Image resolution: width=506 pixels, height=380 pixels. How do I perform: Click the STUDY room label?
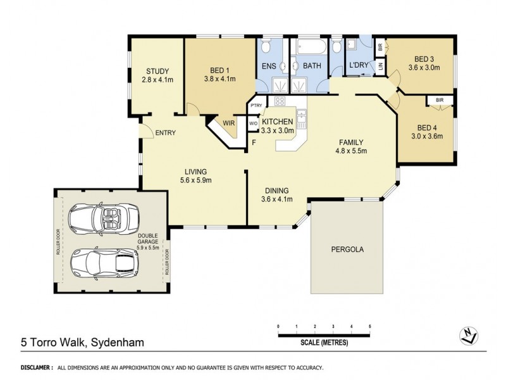[157, 71]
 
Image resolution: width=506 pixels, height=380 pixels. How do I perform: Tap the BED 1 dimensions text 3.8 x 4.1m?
[219, 79]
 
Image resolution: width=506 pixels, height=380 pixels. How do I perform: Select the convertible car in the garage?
[104, 218]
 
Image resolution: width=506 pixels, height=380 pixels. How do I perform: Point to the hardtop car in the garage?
[104, 264]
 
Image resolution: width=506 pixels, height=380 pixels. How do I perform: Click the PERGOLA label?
[347, 250]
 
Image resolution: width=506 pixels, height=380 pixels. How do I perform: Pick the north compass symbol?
[469, 336]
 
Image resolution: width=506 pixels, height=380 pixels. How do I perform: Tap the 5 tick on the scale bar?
[370, 326]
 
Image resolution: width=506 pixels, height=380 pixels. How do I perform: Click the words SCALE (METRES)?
[324, 343]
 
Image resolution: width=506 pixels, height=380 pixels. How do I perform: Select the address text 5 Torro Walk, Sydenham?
[82, 342]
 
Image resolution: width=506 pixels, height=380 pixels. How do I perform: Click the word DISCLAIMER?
[35, 367]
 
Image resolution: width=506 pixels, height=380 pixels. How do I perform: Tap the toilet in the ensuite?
[266, 46]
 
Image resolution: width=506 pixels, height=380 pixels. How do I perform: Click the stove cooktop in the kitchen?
[280, 101]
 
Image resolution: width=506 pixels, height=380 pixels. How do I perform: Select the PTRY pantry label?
[257, 105]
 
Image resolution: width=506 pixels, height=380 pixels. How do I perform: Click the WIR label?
[228, 123]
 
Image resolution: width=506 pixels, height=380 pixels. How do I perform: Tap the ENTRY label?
[166, 133]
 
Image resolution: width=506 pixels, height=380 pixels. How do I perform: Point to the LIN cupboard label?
[381, 66]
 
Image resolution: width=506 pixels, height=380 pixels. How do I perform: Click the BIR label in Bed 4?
[440, 100]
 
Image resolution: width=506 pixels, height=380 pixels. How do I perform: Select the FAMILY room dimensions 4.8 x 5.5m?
[351, 151]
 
